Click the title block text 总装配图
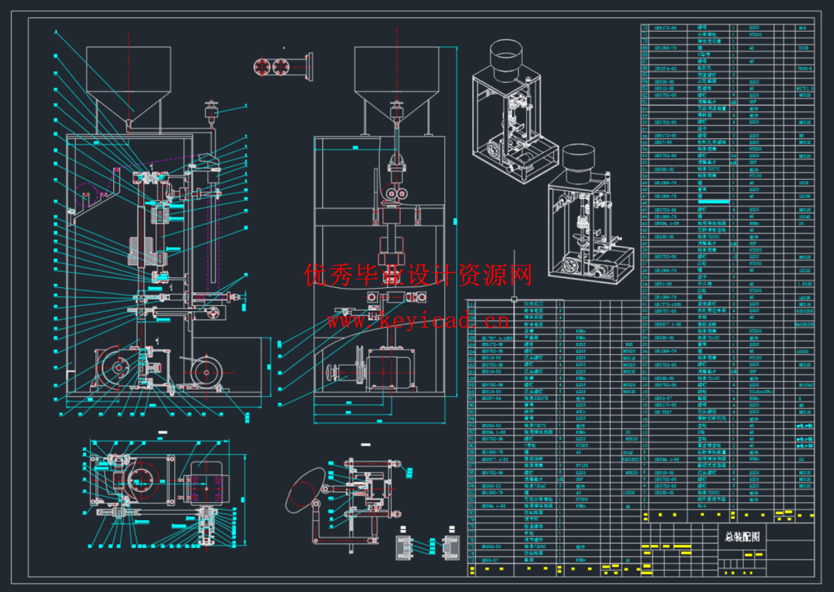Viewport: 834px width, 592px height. [x=742, y=536]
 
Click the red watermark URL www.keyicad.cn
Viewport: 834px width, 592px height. [x=417, y=320]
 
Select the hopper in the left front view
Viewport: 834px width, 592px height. [x=129, y=81]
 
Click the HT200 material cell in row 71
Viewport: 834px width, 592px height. [x=755, y=35]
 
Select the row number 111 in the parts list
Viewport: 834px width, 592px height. [x=471, y=303]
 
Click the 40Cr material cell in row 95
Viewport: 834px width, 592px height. [x=581, y=411]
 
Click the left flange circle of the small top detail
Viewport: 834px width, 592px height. [x=262, y=67]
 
